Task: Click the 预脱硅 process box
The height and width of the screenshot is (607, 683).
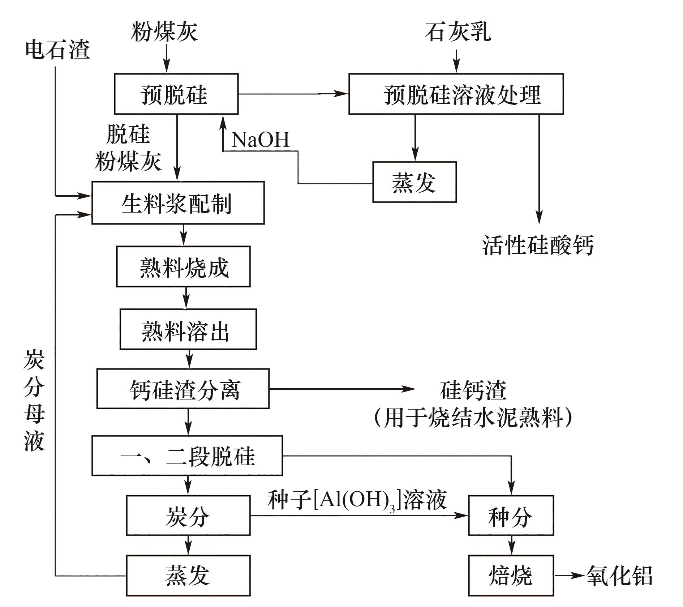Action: coord(176,94)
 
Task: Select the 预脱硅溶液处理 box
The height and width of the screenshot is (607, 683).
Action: coord(456,94)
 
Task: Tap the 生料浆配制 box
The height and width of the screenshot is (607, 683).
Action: coord(178,203)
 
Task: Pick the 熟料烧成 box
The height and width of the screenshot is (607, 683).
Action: coord(183,267)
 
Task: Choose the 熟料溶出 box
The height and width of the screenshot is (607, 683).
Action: coord(188,329)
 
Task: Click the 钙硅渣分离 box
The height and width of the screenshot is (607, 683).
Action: coord(183,389)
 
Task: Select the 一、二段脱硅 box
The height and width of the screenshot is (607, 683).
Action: coord(187,456)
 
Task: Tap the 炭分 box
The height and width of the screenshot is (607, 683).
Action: coord(188,515)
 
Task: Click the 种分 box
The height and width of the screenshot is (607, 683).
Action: coord(511,515)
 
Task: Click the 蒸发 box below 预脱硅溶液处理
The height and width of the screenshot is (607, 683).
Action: coord(414,182)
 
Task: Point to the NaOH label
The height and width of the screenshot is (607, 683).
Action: coord(260,139)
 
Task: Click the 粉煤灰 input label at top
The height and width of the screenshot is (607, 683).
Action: coord(164,31)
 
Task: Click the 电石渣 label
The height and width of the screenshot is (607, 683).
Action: coord(57,49)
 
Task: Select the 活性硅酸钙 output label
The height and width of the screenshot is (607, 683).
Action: coord(538,245)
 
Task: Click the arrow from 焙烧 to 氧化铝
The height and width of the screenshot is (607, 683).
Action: coord(569,575)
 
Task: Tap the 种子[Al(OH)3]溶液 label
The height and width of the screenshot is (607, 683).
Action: coord(357,500)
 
